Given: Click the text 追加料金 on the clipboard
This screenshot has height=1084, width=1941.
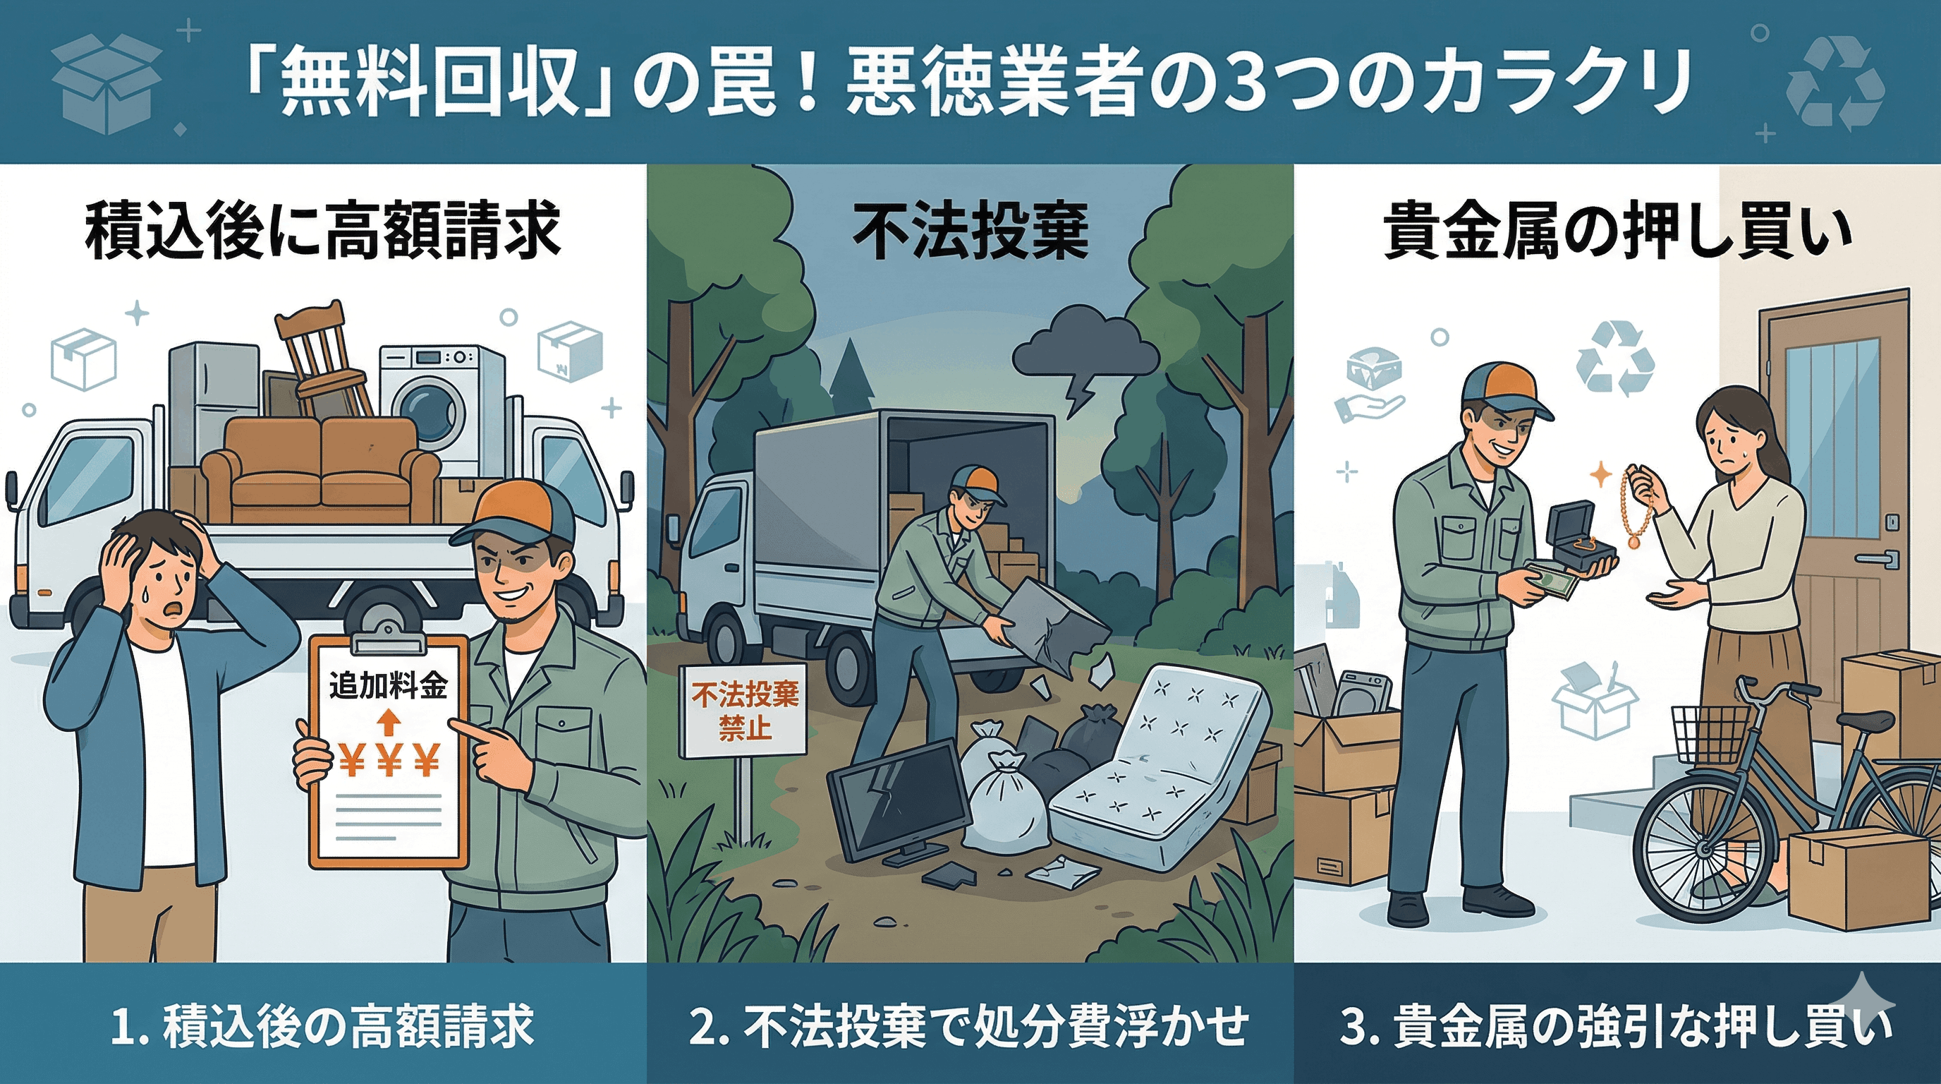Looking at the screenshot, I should coord(388,686).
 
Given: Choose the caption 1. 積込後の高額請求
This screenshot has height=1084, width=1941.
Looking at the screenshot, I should coord(322,1025).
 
